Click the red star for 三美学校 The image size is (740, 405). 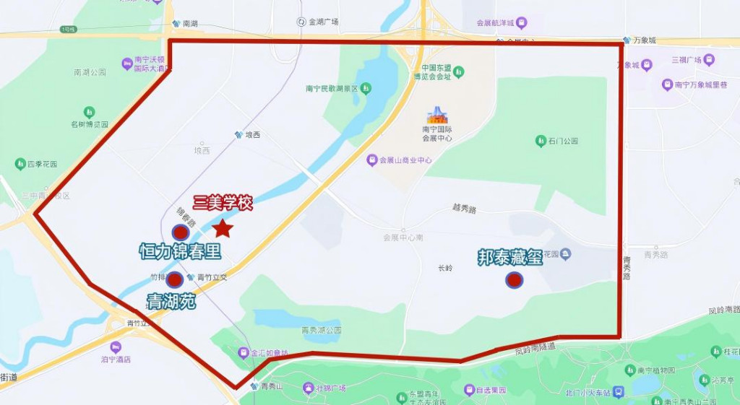coord(223,229)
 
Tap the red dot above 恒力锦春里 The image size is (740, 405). coord(181,233)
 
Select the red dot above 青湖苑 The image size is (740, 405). coord(174,279)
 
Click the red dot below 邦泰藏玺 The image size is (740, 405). coord(514,279)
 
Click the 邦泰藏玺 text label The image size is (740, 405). coord(510,258)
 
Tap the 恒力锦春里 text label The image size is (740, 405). coord(180,252)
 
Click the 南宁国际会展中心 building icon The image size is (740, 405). coord(436,116)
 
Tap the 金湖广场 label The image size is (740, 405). coord(323,22)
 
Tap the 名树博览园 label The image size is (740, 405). coord(89,124)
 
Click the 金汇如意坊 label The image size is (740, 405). coord(269,354)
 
